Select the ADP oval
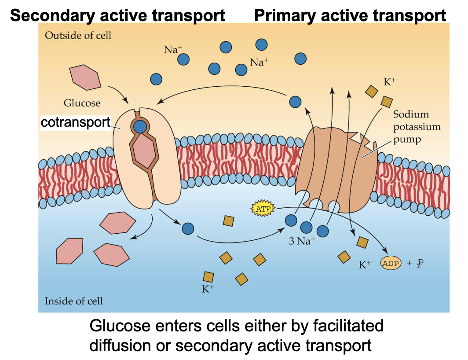pyautogui.click(x=391, y=264)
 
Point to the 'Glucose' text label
pyautogui.click(x=82, y=103)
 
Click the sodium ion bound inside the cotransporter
pyautogui.click(x=140, y=127)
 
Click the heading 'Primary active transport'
pyautogui.click(x=350, y=16)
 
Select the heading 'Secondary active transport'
pyautogui.click(x=117, y=16)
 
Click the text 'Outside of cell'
pyautogui.click(x=78, y=35)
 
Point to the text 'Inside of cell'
pyautogui.click(x=73, y=301)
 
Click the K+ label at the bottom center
pyautogui.click(x=208, y=289)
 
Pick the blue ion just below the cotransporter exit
pyautogui.click(x=188, y=228)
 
